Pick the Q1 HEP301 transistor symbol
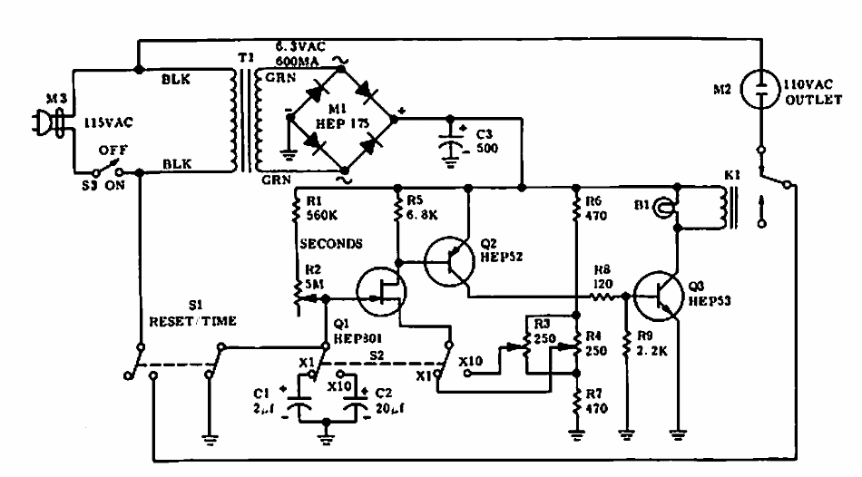(379, 290)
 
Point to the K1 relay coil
(723, 208)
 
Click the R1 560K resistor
(297, 212)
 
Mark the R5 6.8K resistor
(397, 212)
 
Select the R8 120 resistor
(605, 297)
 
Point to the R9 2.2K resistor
(626, 344)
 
